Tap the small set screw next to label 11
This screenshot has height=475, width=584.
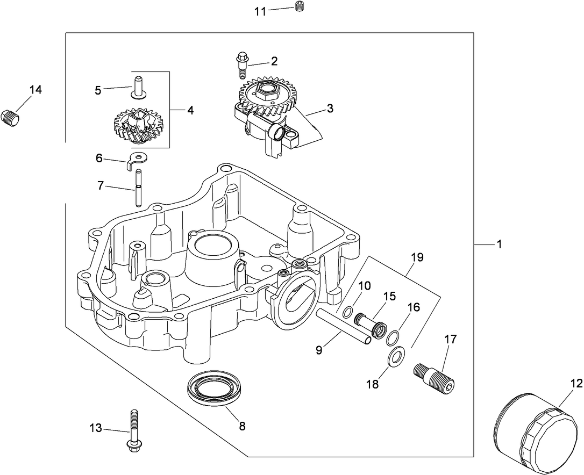[x=300, y=6]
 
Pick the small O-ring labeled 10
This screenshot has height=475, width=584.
[x=348, y=312]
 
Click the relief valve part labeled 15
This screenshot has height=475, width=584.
[x=371, y=323]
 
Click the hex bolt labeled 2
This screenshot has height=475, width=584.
[x=241, y=65]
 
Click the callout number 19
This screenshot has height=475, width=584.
[x=417, y=257]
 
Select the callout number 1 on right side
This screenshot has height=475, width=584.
[x=499, y=244]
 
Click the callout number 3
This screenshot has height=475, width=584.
[x=330, y=109]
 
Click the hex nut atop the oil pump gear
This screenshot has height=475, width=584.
[x=267, y=91]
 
